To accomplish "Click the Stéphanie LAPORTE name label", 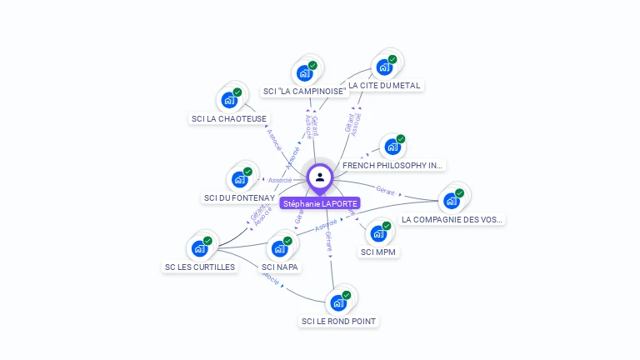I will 320,203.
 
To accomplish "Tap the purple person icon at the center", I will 320,177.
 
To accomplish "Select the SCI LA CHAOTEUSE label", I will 229,119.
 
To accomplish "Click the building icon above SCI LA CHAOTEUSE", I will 229,100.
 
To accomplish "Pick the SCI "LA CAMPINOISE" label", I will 304,92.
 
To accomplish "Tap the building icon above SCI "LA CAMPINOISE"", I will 305,72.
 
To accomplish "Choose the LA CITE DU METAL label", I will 384,85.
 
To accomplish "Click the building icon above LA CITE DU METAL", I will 384,67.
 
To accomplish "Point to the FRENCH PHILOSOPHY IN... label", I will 393,166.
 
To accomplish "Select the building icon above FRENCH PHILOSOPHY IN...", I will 392,147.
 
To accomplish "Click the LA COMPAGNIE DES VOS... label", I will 452,220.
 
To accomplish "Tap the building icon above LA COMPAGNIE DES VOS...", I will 452,200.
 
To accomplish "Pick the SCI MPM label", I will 378,252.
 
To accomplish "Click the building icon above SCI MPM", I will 378,232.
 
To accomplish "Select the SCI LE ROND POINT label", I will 338,321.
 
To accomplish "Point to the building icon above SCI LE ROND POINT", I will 338,302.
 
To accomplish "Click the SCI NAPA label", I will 280,267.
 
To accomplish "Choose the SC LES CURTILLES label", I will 200,267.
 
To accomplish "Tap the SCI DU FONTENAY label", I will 239,198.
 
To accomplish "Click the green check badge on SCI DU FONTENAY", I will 247,172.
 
